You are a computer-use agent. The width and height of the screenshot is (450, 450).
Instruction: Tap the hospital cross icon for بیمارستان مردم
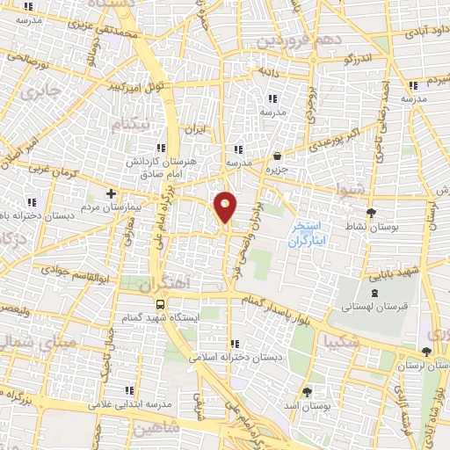pyautogui.click(x=111, y=192)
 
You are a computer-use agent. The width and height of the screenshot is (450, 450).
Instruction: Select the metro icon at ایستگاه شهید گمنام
pyautogui.click(x=159, y=303)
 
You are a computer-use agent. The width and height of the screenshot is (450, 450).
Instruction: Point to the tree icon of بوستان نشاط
pyautogui.click(x=371, y=212)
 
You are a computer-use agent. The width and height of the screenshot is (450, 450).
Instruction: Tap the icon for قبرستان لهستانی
pyautogui.click(x=376, y=293)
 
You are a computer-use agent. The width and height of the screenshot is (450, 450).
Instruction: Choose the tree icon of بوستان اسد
pyautogui.click(x=307, y=391)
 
